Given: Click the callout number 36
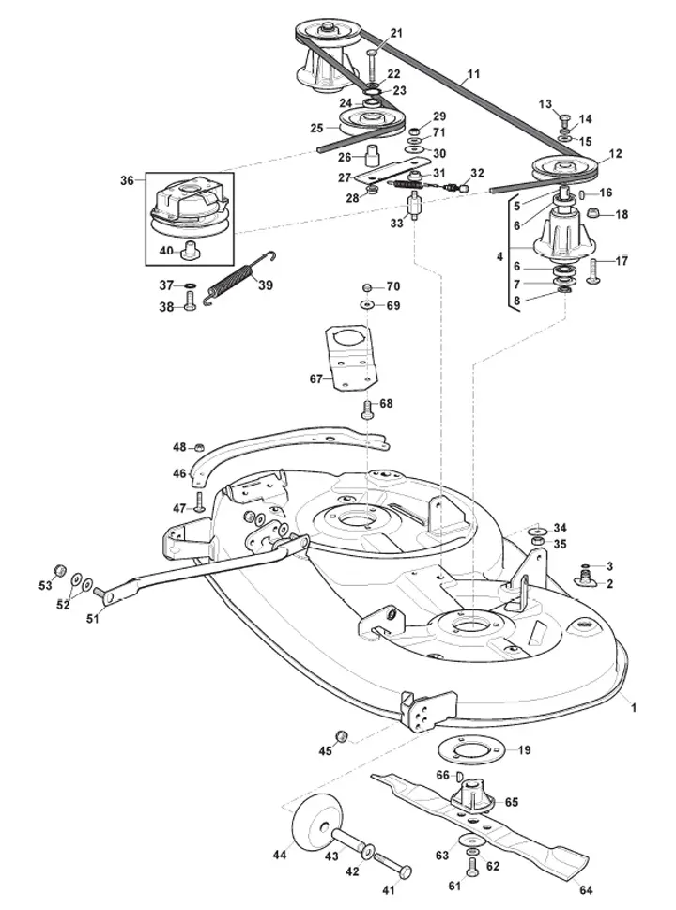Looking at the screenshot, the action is coord(127,180).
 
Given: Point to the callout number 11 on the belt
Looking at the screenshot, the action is coord(473,74).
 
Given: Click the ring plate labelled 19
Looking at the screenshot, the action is coord(469,751).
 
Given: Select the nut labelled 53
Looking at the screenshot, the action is coord(58,570).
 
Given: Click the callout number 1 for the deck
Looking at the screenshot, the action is coord(634,708).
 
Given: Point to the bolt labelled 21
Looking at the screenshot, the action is coord(372,65).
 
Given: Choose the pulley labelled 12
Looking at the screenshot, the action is coord(564,169).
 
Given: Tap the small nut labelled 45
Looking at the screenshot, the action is coord(343,735).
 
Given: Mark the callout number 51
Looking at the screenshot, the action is coord(93,619).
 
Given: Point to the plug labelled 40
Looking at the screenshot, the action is coord(188,254).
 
